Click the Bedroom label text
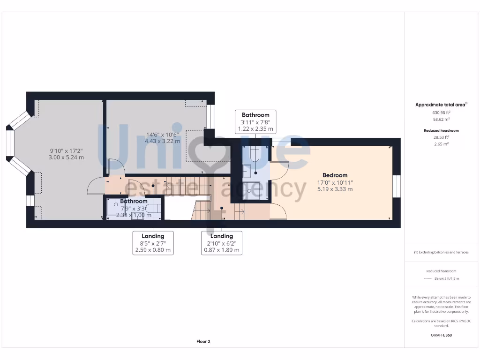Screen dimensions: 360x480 pos(335,175)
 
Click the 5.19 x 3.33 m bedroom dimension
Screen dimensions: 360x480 pos(335,189)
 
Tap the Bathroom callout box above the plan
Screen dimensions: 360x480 pos(255,122)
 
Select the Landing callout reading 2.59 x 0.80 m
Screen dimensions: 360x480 pos(153,243)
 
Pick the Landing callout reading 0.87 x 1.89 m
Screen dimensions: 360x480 pos(222,243)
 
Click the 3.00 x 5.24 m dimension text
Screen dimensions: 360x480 pos(67,157)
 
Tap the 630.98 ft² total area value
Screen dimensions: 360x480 pos(441,112)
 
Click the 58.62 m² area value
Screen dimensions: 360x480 pos(441,120)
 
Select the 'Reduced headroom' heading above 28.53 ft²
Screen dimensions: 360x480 pos(441,130)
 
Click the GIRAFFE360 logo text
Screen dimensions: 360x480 pos(441,335)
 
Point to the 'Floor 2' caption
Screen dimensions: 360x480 pos(203,342)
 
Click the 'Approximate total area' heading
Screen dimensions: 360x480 pos(441,105)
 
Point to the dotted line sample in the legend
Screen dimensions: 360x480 pos(427,278)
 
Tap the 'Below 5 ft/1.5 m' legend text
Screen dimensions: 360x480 pos(447,278)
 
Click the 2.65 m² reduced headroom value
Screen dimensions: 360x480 pos(441,144)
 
